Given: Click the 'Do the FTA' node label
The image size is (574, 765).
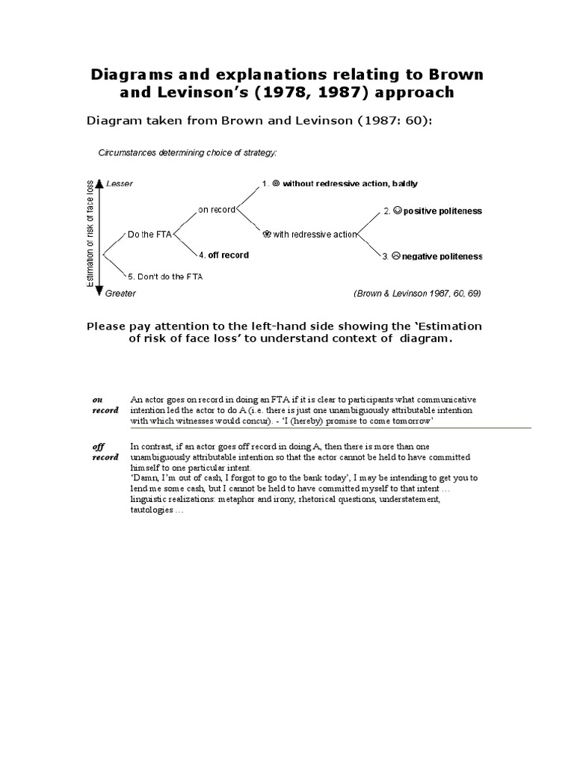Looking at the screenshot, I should (149, 235).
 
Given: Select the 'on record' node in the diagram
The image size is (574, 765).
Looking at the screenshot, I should (217, 209).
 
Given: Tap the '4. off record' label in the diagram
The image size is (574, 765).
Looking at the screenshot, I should (224, 255).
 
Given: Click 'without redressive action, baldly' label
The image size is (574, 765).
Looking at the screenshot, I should (340, 184).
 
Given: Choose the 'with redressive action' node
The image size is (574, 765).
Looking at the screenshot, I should (306, 235).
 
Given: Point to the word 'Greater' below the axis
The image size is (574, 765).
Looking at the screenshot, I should (120, 294).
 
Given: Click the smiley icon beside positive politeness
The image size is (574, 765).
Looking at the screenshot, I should (398, 211).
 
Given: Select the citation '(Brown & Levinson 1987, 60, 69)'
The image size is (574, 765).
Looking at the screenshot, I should (417, 294).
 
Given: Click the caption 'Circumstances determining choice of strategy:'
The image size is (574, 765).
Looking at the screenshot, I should (188, 153).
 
